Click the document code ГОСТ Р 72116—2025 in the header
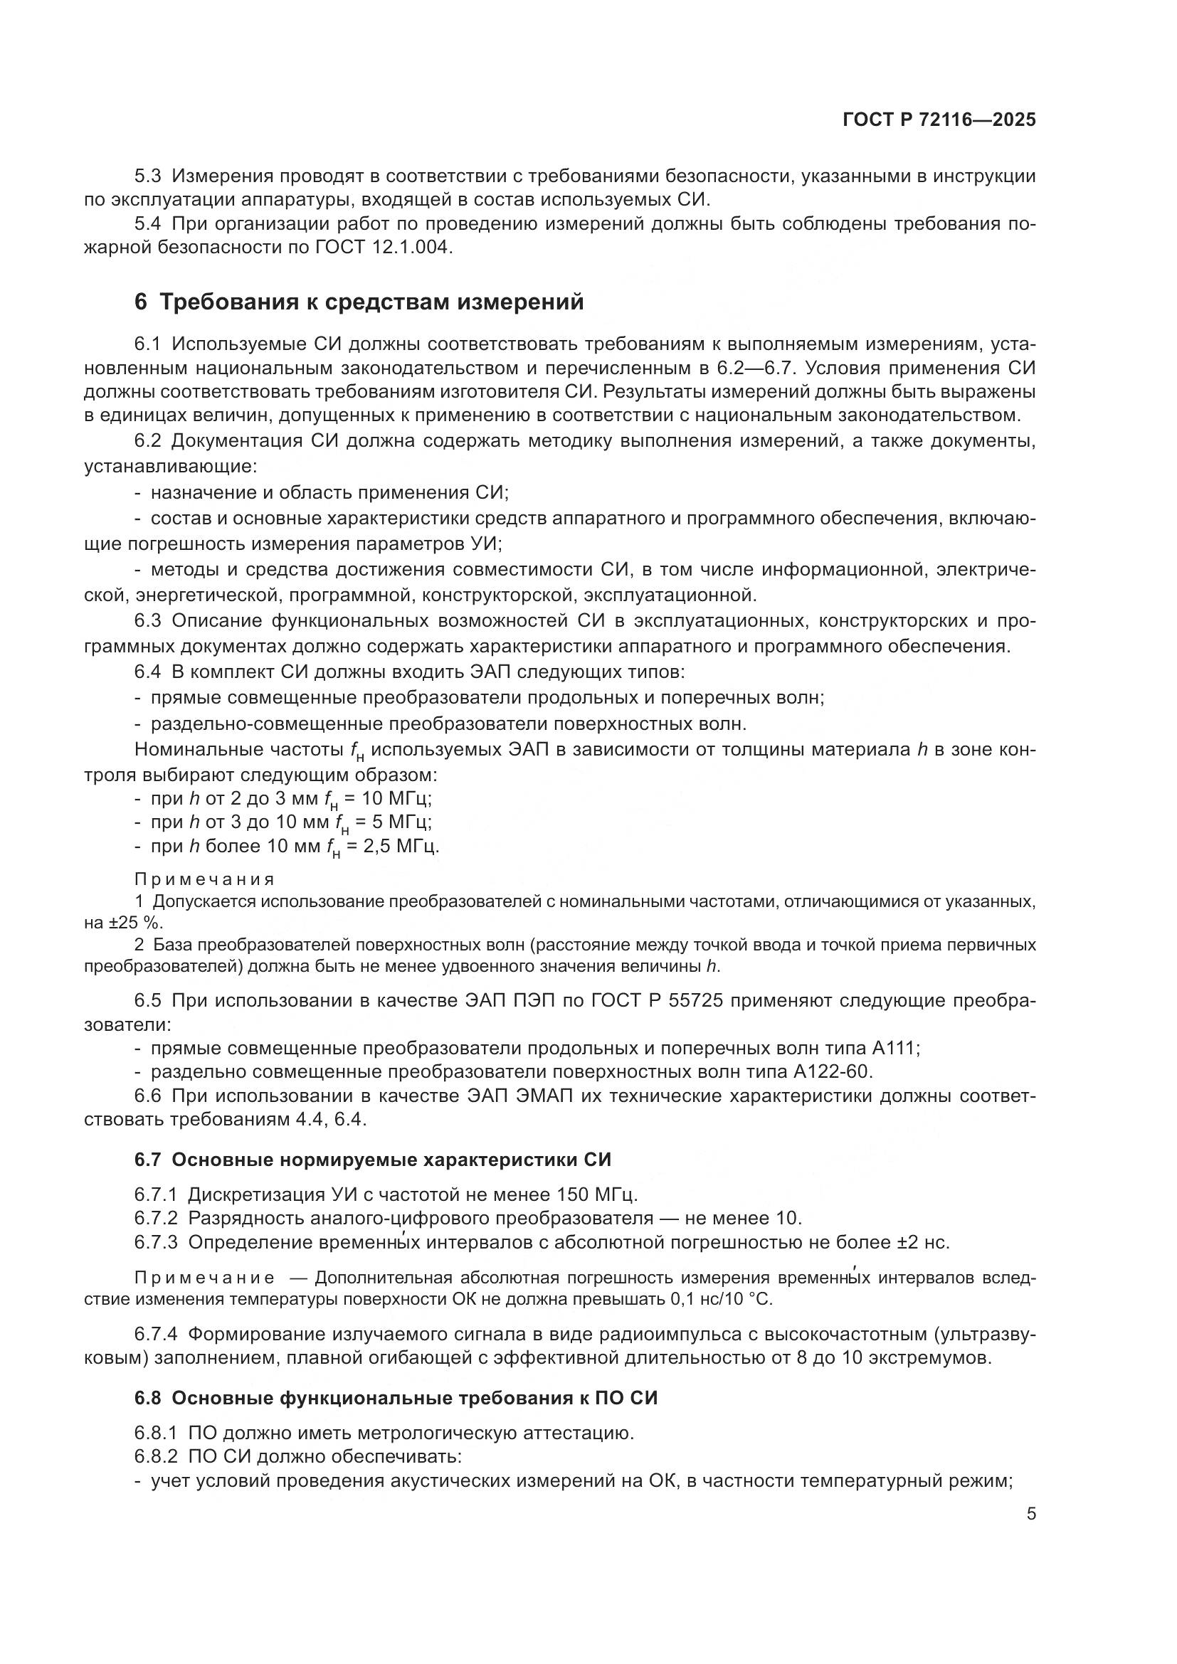[x=939, y=120]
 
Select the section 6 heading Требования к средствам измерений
[x=359, y=302]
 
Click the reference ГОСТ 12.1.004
[x=384, y=247]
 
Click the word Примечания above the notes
[x=204, y=879]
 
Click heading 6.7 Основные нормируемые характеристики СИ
[x=372, y=1160]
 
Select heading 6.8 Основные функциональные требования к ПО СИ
[x=396, y=1398]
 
